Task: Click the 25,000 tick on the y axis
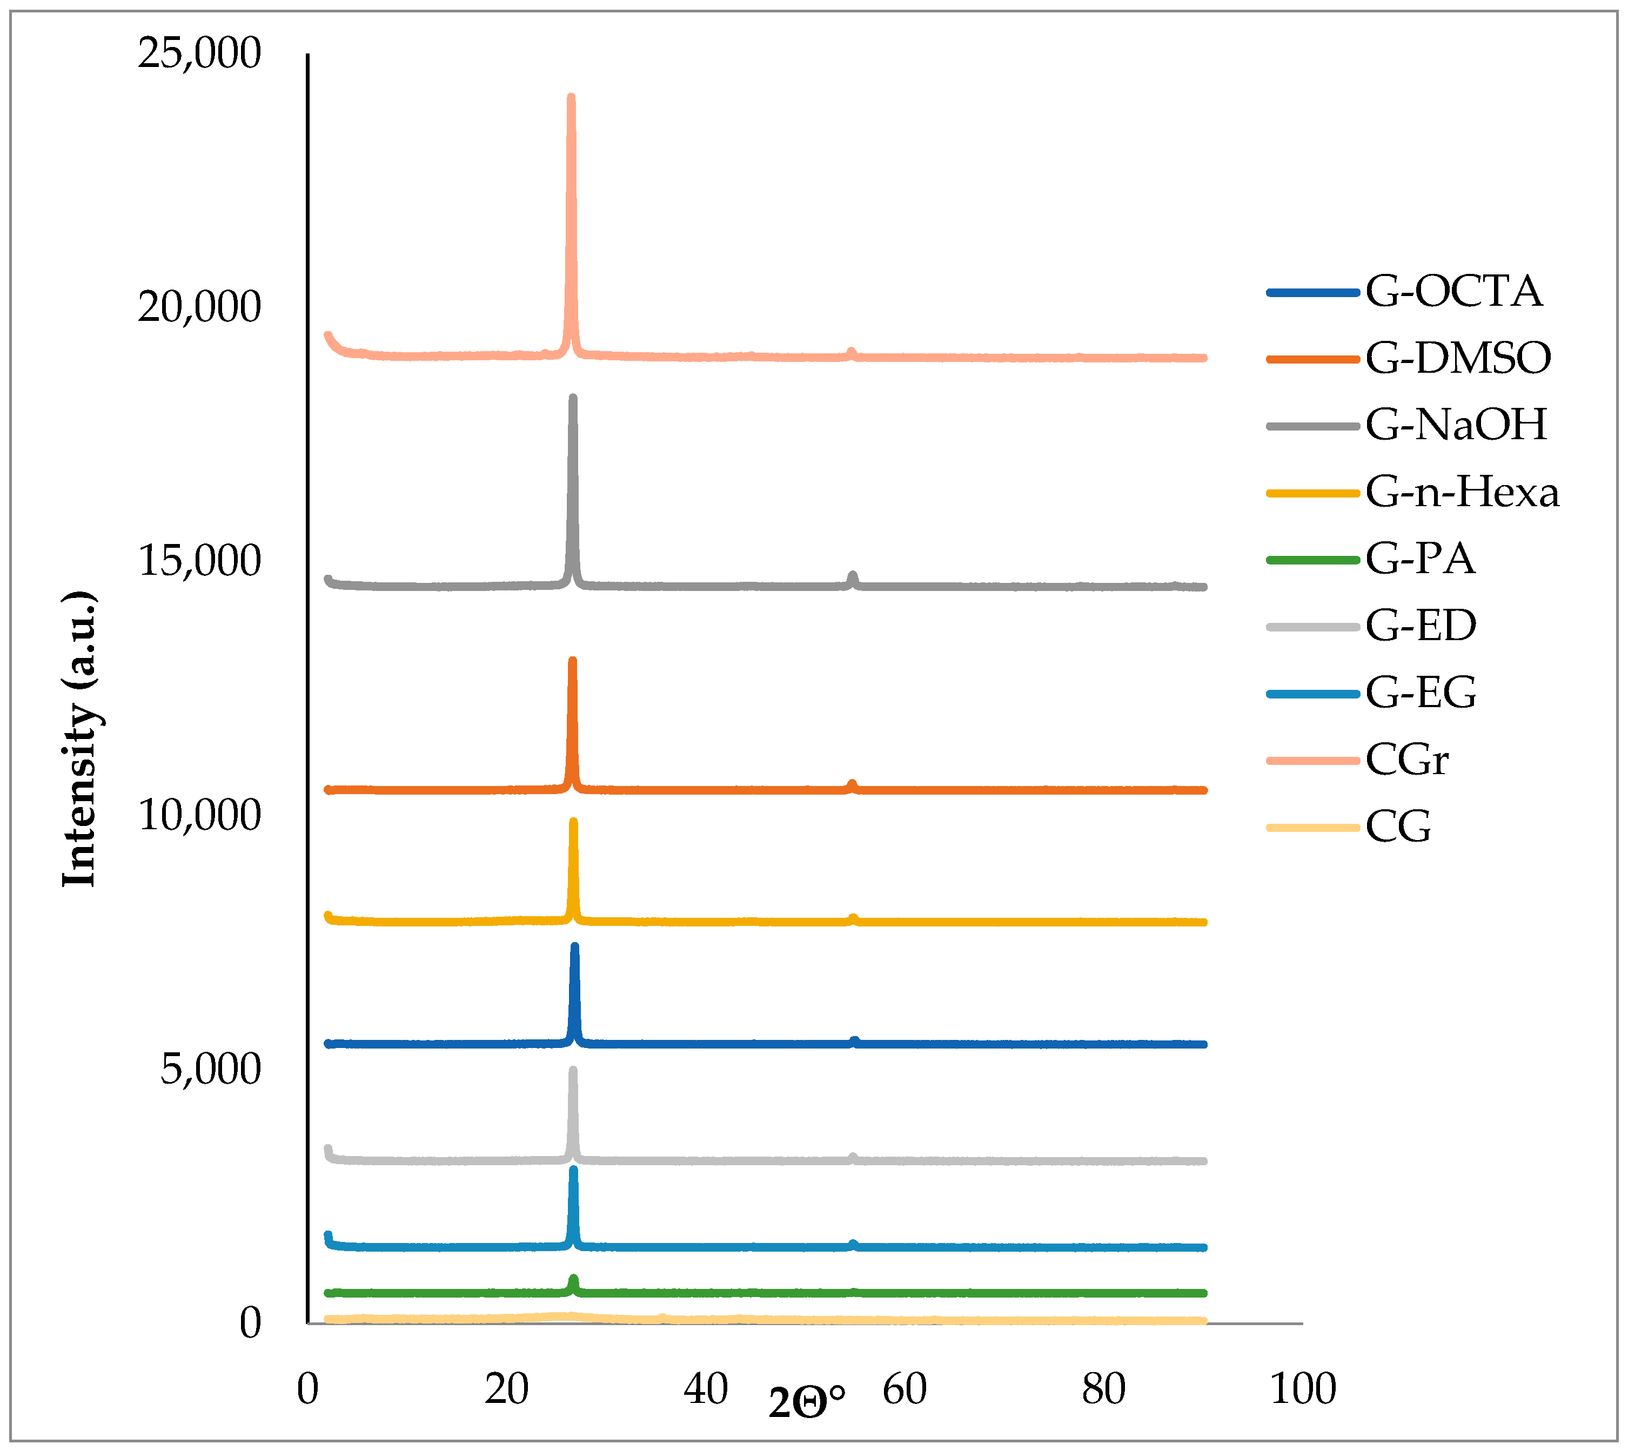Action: [x=199, y=53]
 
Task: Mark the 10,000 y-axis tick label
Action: [x=199, y=815]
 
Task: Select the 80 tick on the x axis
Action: [x=1103, y=1389]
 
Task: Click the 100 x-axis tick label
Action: [x=1302, y=1389]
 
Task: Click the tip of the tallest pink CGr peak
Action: [x=571, y=97]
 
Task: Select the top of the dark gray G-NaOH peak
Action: [x=572, y=398]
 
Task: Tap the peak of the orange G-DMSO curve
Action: [x=572, y=661]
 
